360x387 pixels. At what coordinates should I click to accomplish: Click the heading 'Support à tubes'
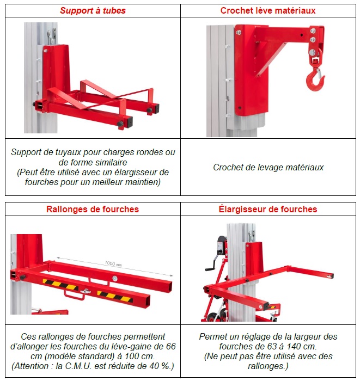(93, 10)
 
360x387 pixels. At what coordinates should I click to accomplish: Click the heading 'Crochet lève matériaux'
(268, 10)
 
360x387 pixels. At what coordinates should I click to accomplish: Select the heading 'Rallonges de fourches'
(93, 210)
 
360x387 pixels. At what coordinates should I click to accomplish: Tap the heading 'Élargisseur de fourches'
(268, 210)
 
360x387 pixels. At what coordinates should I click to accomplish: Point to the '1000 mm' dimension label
(113, 263)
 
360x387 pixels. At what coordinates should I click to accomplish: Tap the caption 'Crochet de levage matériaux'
(268, 167)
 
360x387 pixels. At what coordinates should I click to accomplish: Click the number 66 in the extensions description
(170, 347)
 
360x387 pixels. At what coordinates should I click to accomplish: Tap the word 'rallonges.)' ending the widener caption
(268, 366)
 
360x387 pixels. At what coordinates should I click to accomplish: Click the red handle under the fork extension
(74, 295)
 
